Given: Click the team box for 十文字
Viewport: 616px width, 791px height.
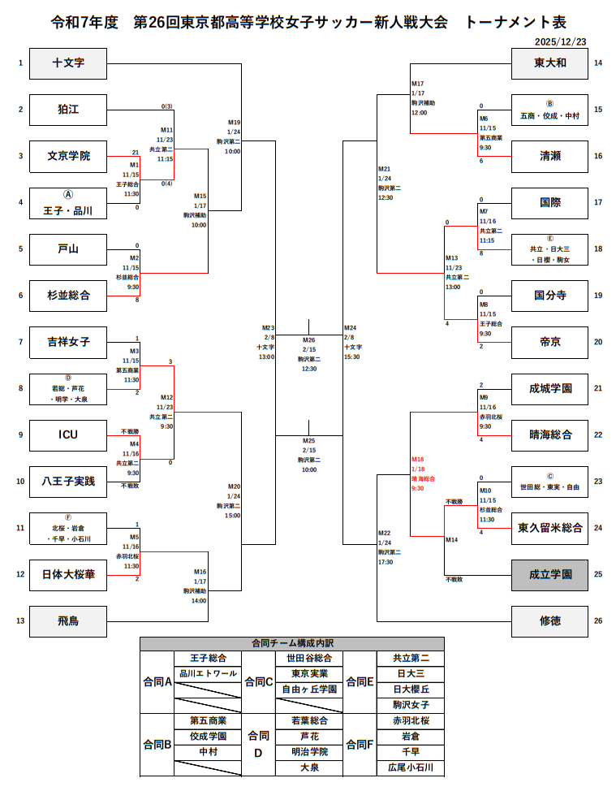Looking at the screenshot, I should [68, 63].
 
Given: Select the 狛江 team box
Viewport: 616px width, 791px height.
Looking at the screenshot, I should [68, 110].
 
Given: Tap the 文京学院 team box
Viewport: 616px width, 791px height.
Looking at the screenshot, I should [68, 156].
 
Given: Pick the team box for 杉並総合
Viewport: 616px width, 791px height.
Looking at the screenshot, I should [68, 296].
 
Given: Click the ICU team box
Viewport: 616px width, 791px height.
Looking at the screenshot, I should [68, 434].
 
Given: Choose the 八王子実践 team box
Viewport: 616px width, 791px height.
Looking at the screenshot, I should [68, 482].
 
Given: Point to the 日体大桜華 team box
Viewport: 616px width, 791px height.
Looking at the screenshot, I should [68, 575].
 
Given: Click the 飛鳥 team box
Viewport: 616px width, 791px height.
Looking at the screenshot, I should [68, 621].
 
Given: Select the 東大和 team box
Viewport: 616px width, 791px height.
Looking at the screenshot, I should [550, 63].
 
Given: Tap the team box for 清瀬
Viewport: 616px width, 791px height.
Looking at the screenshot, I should [550, 156].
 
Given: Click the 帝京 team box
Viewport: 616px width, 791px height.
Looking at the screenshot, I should [550, 342].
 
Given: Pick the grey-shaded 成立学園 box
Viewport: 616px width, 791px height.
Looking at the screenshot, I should [550, 575].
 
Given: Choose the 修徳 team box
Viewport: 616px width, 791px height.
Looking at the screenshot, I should [550, 621].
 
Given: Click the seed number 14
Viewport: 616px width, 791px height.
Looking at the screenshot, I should [597, 63].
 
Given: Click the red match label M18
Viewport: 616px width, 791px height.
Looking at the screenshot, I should [418, 459].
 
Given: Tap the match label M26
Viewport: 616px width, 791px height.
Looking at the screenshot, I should [308, 339].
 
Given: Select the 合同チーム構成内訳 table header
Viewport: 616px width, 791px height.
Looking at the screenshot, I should [292, 643].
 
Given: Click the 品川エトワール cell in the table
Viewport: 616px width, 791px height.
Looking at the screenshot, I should [209, 673].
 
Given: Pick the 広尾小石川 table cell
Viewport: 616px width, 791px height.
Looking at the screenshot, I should [412, 767].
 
